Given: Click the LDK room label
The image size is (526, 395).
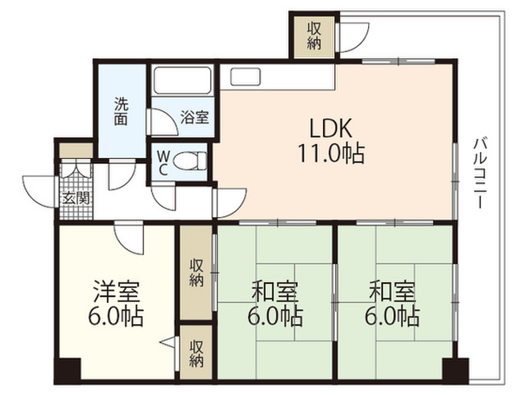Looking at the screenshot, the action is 330,128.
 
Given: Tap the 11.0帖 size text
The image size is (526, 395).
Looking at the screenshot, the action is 330,154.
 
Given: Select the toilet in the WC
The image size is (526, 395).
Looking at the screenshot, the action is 190,161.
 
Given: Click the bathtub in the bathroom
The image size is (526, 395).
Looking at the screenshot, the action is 182,81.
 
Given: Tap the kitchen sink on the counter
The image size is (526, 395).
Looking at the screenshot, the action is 245,77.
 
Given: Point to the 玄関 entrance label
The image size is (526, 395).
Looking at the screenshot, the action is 76,199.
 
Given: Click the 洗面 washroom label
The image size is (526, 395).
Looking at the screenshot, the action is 121,111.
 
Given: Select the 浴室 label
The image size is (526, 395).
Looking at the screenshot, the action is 195,117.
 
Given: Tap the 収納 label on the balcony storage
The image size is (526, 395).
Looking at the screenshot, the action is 314,36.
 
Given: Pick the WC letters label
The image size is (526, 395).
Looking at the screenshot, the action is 163,163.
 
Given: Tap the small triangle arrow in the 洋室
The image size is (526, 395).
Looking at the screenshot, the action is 167,342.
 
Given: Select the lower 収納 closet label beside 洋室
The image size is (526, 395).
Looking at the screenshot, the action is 196,353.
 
